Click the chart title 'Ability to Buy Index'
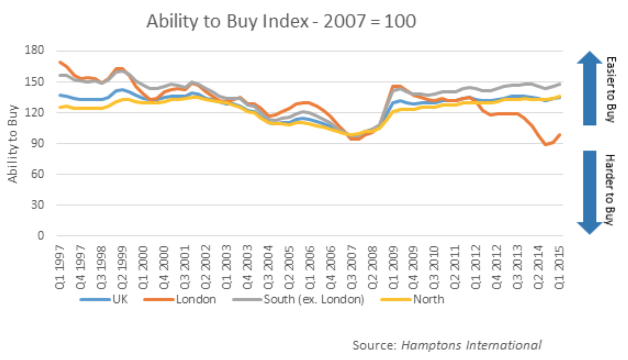coord(281,21)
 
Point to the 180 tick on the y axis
coord(34,50)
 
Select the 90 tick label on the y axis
coord(34,143)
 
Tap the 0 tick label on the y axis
coord(40,236)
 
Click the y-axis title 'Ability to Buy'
coord(13,144)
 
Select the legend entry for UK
coord(104,299)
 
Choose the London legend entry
coord(180,299)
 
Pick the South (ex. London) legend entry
coord(299,299)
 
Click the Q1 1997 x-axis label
coord(60,267)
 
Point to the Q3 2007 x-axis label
coord(352,267)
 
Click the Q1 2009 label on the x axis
coord(393,267)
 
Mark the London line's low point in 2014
coord(545,144)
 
